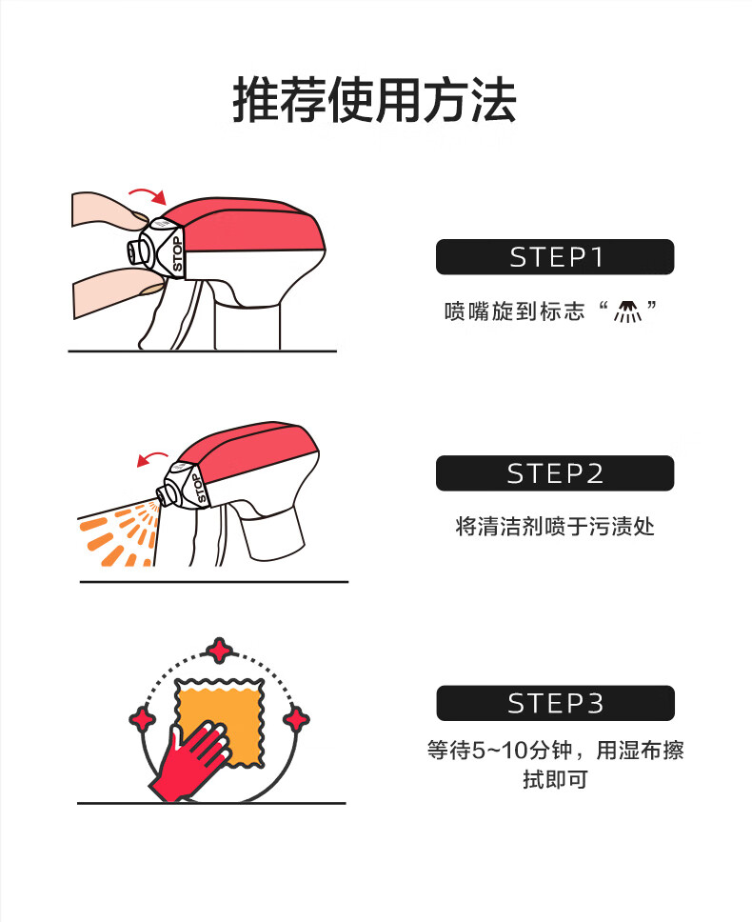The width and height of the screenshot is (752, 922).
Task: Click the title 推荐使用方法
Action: pyautogui.click(x=375, y=100)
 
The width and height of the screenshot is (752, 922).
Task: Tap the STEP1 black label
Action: pyautogui.click(x=555, y=257)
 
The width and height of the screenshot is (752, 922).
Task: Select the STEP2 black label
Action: pyautogui.click(x=555, y=473)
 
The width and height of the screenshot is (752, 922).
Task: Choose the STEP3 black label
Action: pyautogui.click(x=555, y=703)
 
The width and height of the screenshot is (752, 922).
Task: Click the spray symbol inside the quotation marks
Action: pyautogui.click(x=627, y=311)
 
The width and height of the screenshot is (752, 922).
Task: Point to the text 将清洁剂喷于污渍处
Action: pyautogui.click(x=555, y=526)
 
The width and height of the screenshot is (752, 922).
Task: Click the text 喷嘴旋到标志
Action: pyautogui.click(x=515, y=311)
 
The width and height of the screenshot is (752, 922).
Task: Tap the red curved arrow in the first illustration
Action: pyautogui.click(x=148, y=194)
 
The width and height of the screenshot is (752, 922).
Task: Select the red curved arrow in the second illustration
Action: pyautogui.click(x=151, y=458)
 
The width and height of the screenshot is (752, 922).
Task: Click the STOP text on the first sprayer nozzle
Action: pyautogui.click(x=177, y=254)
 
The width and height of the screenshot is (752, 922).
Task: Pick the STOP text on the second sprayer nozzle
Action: pyautogui.click(x=199, y=488)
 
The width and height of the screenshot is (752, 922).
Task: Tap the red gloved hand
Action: pyautogui.click(x=189, y=760)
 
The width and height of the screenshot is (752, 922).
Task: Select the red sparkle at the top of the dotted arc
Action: pyautogui.click(x=220, y=651)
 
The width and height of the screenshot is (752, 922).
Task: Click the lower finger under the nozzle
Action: pyautogui.click(x=117, y=291)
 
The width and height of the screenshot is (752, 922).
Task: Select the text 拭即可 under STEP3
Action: pyautogui.click(x=555, y=780)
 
